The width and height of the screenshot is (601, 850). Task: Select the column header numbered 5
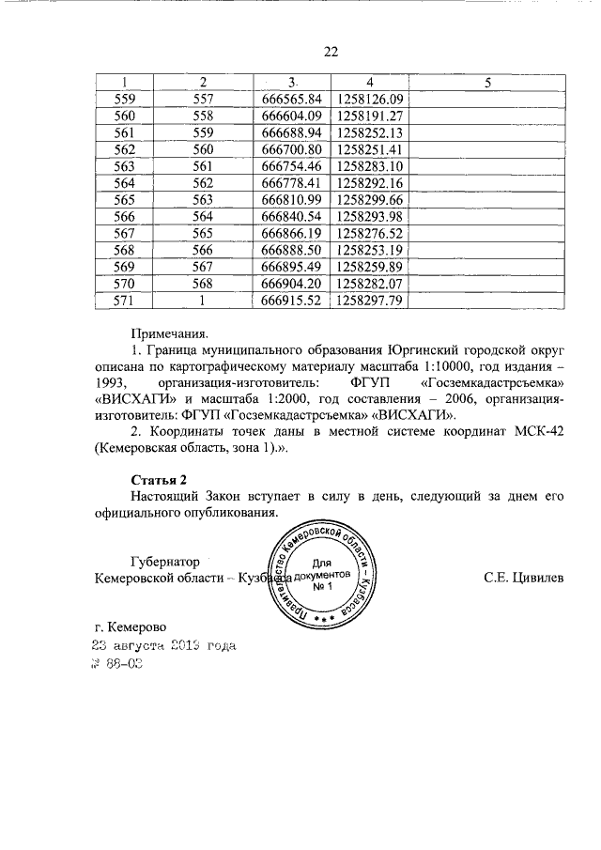point(487,82)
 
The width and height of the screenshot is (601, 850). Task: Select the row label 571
point(125,301)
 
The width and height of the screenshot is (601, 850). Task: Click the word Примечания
point(169,332)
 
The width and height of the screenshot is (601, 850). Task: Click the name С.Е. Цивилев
point(524,578)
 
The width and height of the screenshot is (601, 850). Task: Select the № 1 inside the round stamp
point(324,588)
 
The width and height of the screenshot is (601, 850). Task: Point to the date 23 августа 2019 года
point(163,646)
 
